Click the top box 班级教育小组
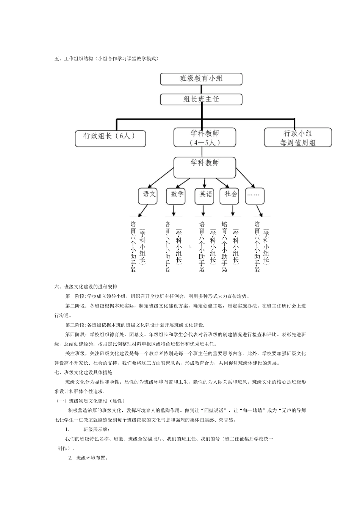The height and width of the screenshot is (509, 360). (x=201, y=79)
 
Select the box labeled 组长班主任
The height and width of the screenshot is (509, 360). (x=201, y=99)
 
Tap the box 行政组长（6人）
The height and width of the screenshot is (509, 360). (x=110, y=138)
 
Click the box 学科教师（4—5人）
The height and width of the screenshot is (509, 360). (x=205, y=137)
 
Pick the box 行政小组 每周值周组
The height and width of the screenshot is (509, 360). (x=297, y=137)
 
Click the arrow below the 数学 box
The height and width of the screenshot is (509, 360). (x=174, y=210)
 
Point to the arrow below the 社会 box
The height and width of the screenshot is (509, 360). (x=232, y=210)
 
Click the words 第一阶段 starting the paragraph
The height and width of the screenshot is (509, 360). (x=75, y=296)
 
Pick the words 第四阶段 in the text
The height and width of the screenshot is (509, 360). (x=75, y=334)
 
